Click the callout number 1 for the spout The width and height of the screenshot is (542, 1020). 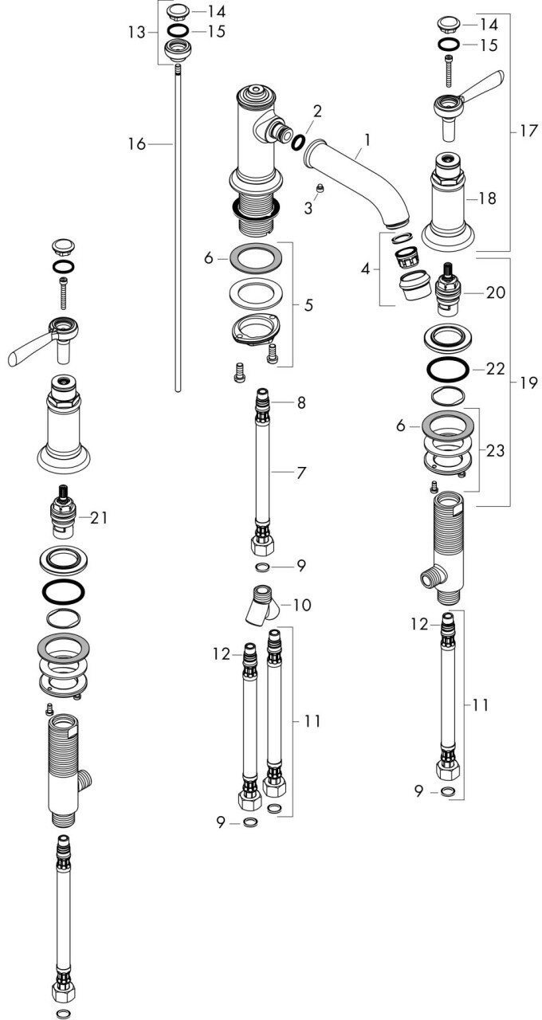pos(367,139)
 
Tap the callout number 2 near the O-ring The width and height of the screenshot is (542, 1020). pos(317,111)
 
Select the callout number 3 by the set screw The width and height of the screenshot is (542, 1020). pos(308,209)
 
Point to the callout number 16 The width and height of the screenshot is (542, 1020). pos(136,144)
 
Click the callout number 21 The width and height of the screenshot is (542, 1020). pos(98,517)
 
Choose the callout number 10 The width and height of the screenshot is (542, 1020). pos(303,605)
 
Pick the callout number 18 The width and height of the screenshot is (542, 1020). pos(487,198)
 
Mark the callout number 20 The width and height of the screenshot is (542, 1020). pos(496,292)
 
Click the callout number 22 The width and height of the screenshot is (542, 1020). pos(496,368)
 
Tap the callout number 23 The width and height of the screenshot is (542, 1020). pos(496,450)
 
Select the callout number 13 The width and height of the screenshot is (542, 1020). pos(136,33)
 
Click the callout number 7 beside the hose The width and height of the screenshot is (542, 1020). pos(300,473)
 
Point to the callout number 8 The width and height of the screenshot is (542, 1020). pos(301,402)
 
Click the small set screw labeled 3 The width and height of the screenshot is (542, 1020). pos(320,189)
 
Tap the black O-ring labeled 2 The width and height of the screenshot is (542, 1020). pos(298,142)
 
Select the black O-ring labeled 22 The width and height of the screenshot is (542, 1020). pos(447,368)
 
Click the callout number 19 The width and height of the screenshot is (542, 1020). pos(528,383)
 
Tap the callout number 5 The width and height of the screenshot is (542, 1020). pos(308,305)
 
